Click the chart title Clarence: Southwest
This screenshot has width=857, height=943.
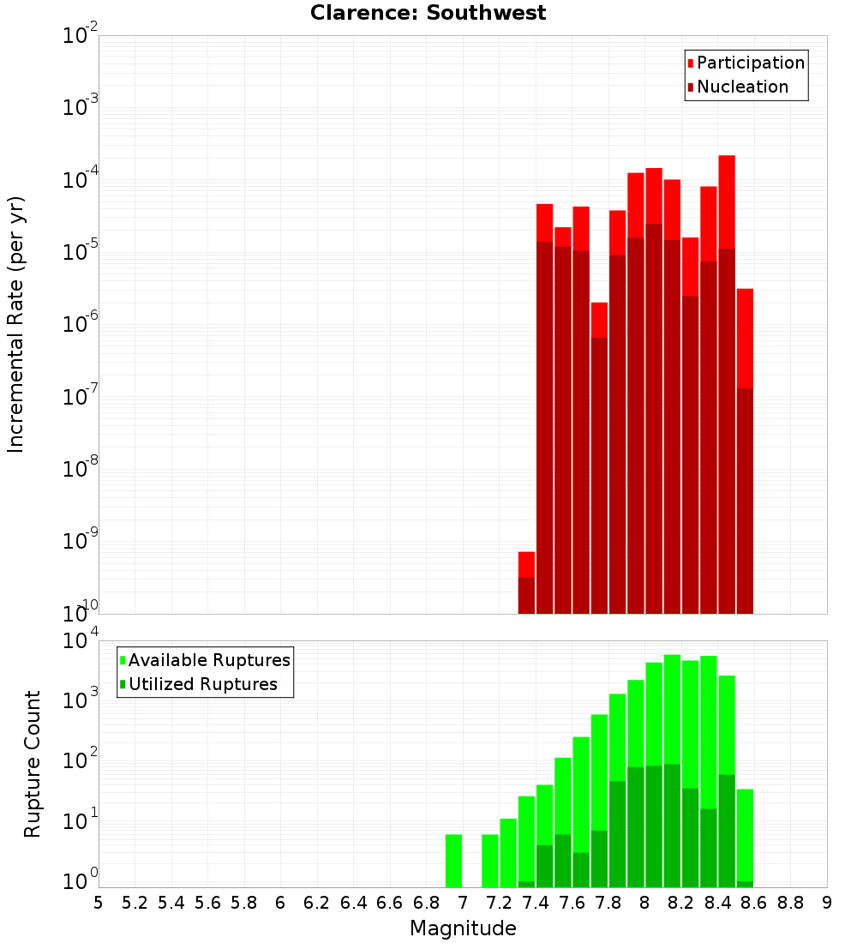coord(428,13)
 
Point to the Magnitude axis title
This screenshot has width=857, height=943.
coord(463,928)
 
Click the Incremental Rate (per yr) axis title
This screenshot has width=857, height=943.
coord(16,324)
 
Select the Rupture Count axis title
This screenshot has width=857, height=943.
coord(33,763)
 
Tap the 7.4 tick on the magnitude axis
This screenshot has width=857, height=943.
coord(536,903)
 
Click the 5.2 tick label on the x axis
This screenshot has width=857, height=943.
coord(135,903)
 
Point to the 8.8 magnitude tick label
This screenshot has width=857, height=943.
coord(790,903)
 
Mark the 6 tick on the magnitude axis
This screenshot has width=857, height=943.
coord(280,903)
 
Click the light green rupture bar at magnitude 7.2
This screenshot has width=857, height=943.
coord(508,853)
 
